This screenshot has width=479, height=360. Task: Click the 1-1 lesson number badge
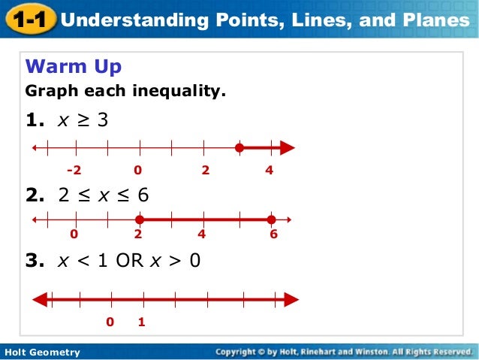[29, 20]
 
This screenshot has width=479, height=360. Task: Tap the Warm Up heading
[74, 68]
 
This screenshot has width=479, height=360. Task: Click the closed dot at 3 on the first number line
[239, 148]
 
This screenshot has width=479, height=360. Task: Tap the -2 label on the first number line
[74, 171]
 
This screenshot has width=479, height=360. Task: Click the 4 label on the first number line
[270, 171]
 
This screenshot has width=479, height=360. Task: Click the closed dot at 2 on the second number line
[140, 219]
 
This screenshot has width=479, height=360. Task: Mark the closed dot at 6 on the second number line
[271, 219]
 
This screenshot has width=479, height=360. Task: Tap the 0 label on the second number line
[74, 234]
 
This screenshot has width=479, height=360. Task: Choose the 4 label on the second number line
[201, 234]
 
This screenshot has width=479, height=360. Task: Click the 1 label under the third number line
[140, 322]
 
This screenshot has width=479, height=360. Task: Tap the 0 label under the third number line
[110, 322]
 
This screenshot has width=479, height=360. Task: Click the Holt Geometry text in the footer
[41, 352]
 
